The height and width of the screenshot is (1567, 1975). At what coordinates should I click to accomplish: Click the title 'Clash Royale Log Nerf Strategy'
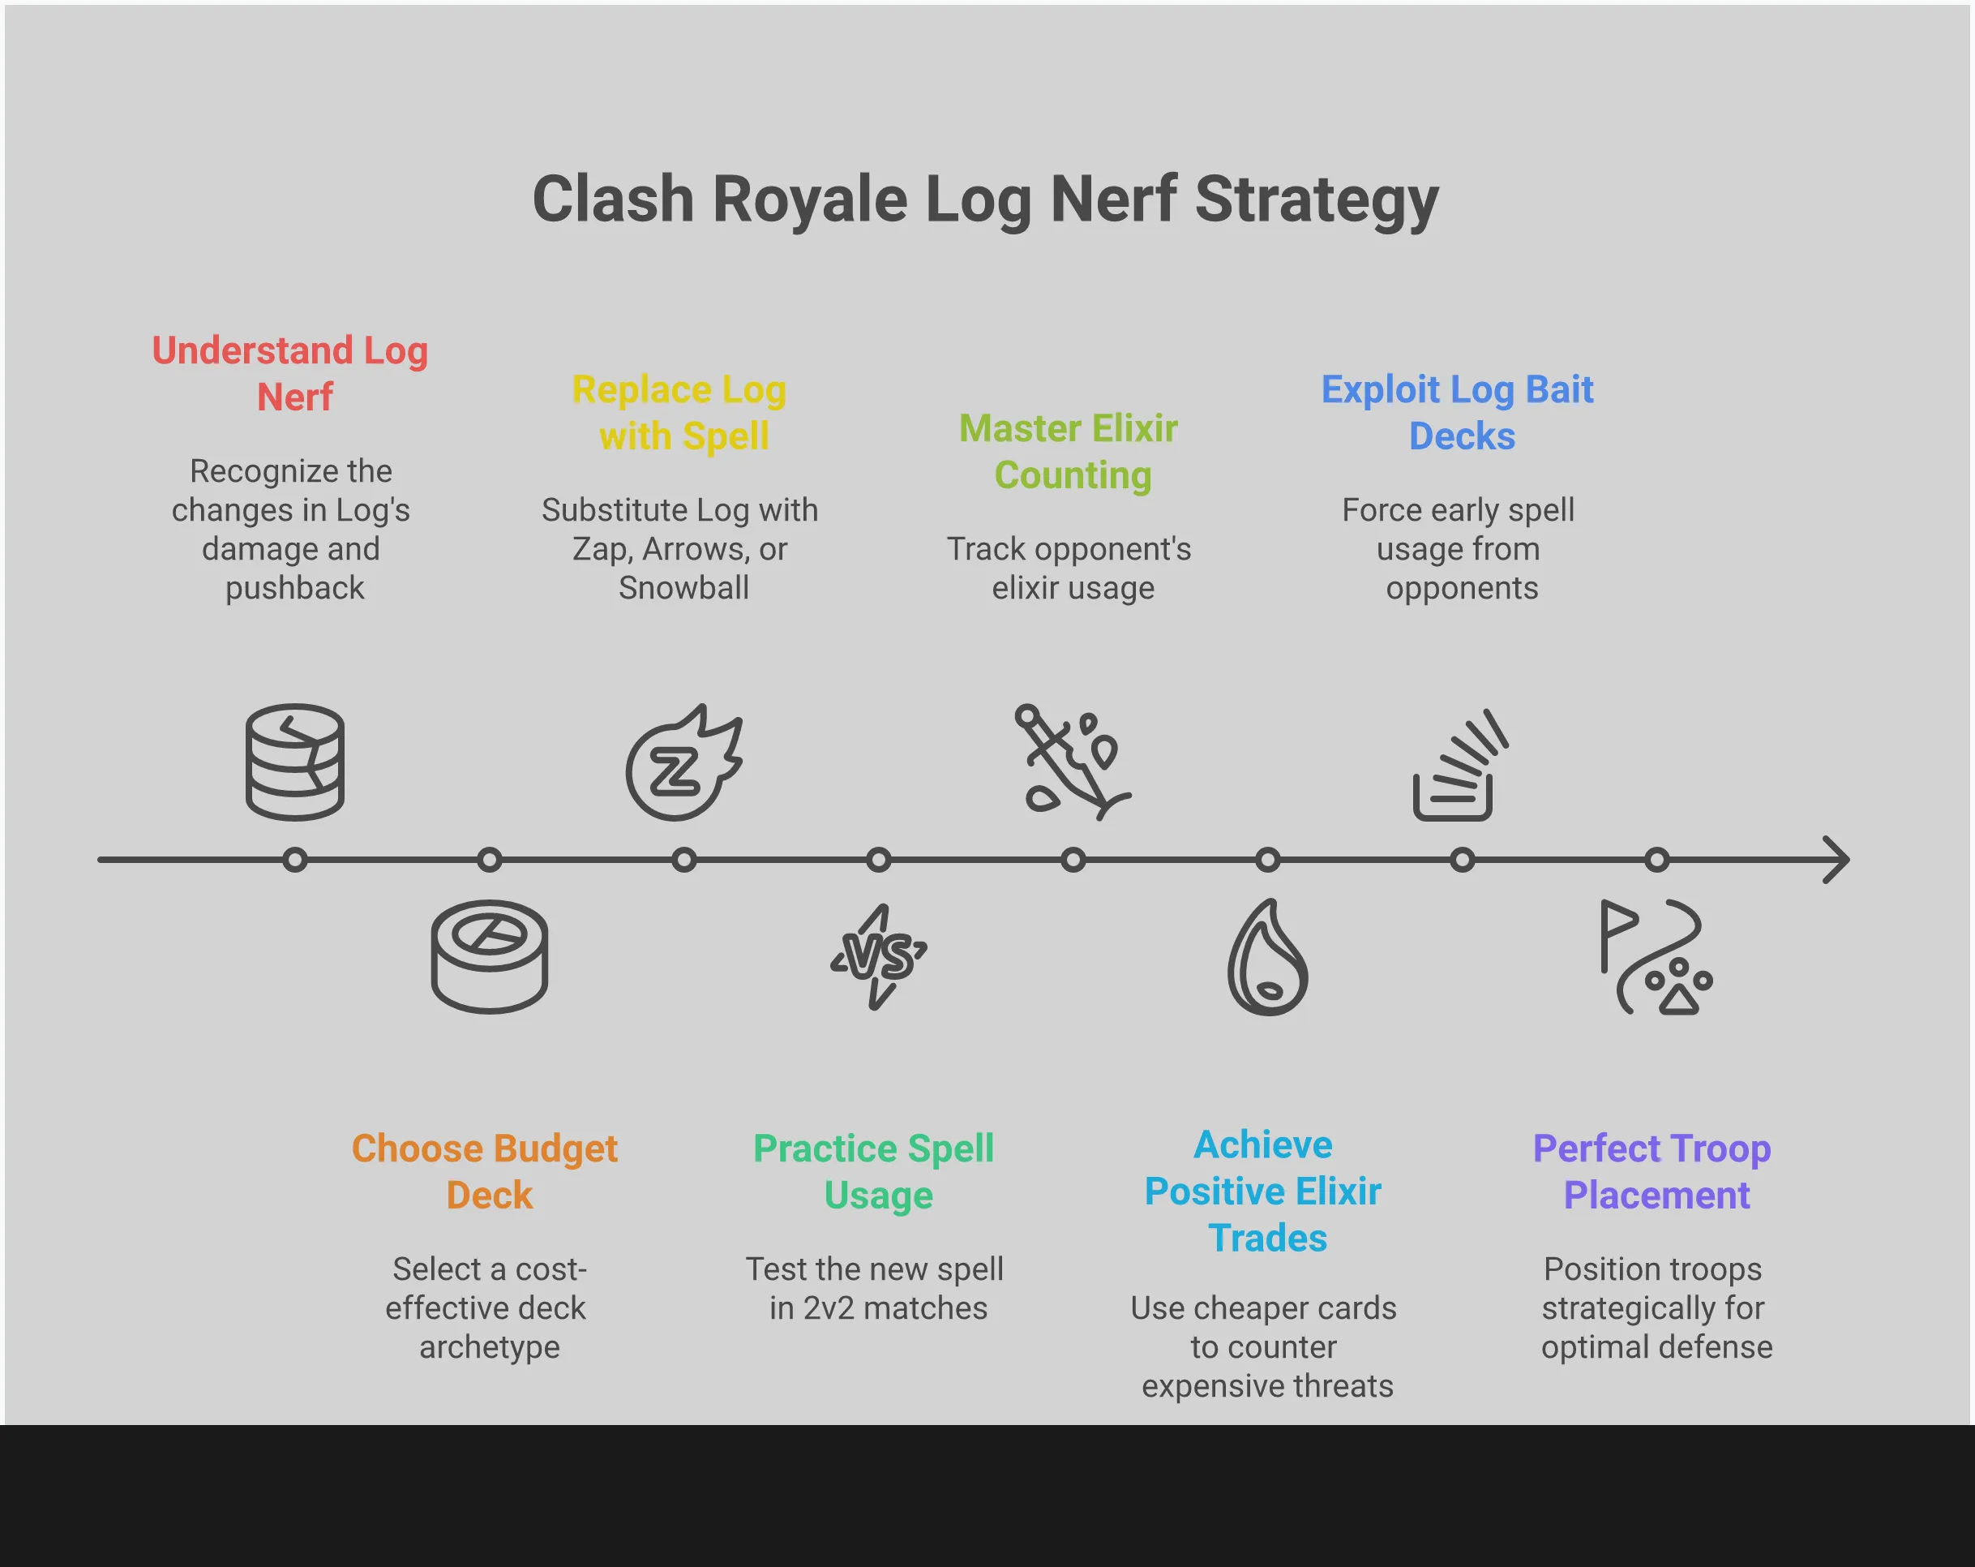coord(986,200)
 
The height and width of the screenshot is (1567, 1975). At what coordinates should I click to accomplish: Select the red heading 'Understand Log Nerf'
coord(291,374)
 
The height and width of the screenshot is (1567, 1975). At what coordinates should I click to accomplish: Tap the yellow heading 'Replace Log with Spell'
coord(680,412)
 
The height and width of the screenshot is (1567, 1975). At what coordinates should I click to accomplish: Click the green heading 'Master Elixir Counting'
coord(1070,452)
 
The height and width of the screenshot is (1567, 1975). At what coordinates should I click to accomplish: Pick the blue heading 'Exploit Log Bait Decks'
coord(1459,412)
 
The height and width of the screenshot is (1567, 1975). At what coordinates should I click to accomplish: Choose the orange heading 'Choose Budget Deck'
coord(486,1171)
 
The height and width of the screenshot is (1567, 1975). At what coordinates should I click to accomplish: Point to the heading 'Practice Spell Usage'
coord(875,1171)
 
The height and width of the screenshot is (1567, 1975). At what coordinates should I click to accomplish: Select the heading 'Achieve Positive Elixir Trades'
coord(1264,1191)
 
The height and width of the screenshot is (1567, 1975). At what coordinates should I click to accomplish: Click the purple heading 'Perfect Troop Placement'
coord(1653,1171)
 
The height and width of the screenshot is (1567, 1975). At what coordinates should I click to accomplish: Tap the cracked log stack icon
coord(295,762)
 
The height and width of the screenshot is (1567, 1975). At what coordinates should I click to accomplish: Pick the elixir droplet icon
coord(1268,958)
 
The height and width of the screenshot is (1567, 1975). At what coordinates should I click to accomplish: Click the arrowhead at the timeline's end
coord(1836,860)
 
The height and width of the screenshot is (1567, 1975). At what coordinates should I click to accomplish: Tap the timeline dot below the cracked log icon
coord(295,860)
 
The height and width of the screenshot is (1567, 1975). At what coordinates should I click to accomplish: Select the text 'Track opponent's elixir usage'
coord(1070,568)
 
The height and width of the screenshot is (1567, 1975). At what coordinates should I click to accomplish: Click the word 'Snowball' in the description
coord(684,588)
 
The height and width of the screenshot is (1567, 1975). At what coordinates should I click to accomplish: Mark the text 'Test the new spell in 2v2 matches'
coord(876,1289)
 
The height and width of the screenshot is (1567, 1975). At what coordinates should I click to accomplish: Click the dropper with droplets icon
coord(1072,762)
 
